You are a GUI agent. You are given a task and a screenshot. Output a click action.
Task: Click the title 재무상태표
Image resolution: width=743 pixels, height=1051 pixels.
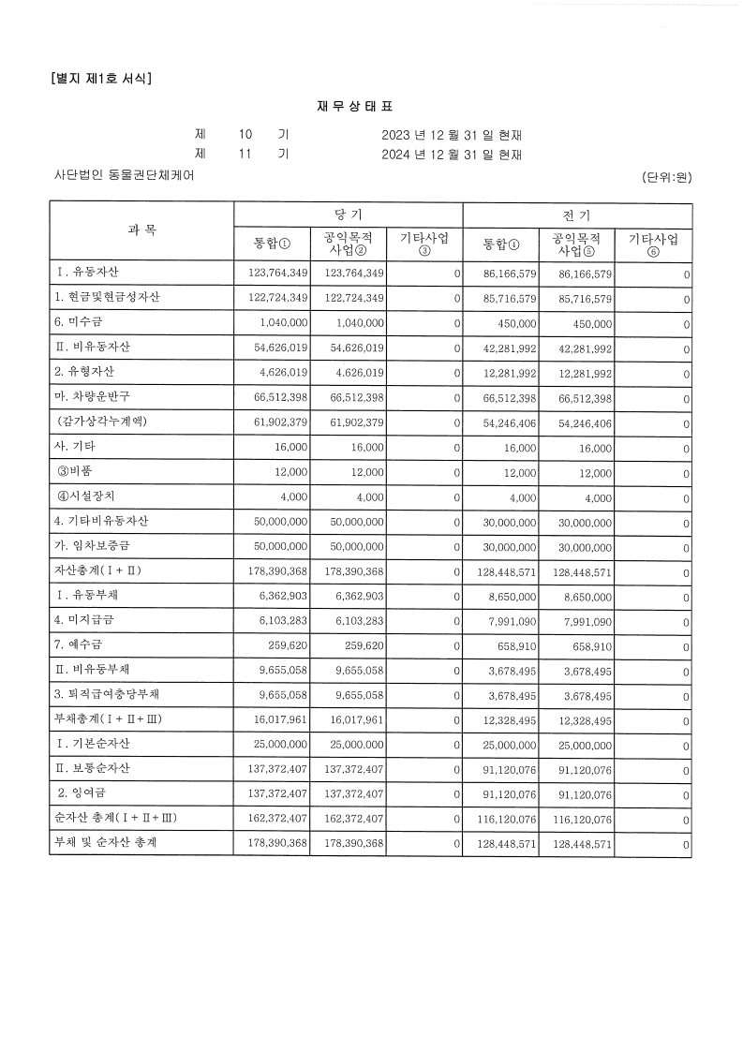pos(371,108)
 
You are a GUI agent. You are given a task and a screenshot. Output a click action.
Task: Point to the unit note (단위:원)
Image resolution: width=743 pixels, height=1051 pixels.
pos(666,176)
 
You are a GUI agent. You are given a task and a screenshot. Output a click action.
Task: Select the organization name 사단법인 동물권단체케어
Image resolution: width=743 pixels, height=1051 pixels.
pos(125,175)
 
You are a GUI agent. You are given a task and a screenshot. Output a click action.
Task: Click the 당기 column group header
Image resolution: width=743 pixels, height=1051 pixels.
pos(348,215)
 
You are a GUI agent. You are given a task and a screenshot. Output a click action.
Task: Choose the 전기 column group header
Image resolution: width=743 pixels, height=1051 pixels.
pos(577,215)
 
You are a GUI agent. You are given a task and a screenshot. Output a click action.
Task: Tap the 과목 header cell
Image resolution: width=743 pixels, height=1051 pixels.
pos(141,229)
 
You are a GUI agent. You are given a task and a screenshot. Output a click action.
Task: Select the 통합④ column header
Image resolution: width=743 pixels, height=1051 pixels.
pos(501,244)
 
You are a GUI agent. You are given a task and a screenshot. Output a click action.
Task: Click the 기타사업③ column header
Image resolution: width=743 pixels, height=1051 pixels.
pos(424,244)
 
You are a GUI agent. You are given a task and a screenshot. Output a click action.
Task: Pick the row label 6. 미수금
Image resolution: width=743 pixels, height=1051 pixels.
pos(81,323)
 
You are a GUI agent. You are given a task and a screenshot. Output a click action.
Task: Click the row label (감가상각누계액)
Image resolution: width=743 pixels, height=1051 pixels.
pos(101,422)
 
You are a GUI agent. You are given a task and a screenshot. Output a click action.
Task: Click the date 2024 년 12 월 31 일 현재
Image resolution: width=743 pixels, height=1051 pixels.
pos(452,155)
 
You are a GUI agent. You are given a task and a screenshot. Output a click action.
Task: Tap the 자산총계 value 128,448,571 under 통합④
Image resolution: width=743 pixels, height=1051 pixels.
pos(503,571)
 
